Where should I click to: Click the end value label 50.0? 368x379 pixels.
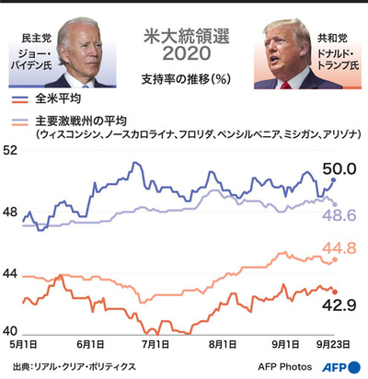(339, 168)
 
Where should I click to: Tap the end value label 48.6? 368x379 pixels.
(339, 214)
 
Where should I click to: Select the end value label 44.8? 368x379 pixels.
(339, 247)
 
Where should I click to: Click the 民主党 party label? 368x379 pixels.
(34, 39)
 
